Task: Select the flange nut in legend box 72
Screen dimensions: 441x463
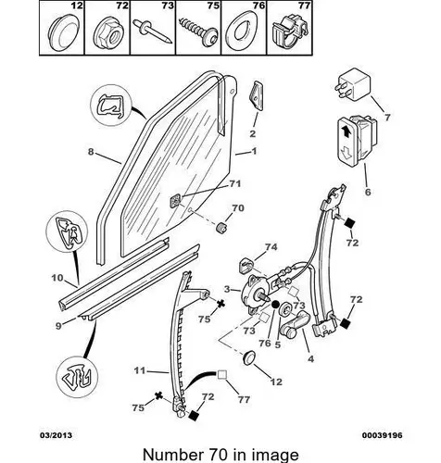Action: coord(109,32)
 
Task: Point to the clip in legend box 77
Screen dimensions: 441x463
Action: coord(290,32)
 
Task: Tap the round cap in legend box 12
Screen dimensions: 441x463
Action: coord(64,33)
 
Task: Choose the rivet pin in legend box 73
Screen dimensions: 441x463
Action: coord(151,31)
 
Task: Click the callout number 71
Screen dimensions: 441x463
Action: coord(235,184)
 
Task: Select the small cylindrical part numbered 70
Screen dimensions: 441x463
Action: coord(220,229)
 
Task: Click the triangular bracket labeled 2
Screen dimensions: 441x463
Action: coord(256,95)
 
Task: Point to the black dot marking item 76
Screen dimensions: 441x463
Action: coord(275,305)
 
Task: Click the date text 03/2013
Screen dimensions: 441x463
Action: coord(56,435)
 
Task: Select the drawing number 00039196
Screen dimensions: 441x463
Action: coord(383,435)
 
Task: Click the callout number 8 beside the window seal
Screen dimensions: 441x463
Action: coord(91,152)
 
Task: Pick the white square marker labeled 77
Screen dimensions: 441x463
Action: coord(222,374)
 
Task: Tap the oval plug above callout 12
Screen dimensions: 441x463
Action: coord(248,357)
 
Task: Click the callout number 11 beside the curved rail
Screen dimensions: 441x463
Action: coord(140,370)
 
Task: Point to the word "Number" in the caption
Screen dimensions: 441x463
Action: coord(171,455)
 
